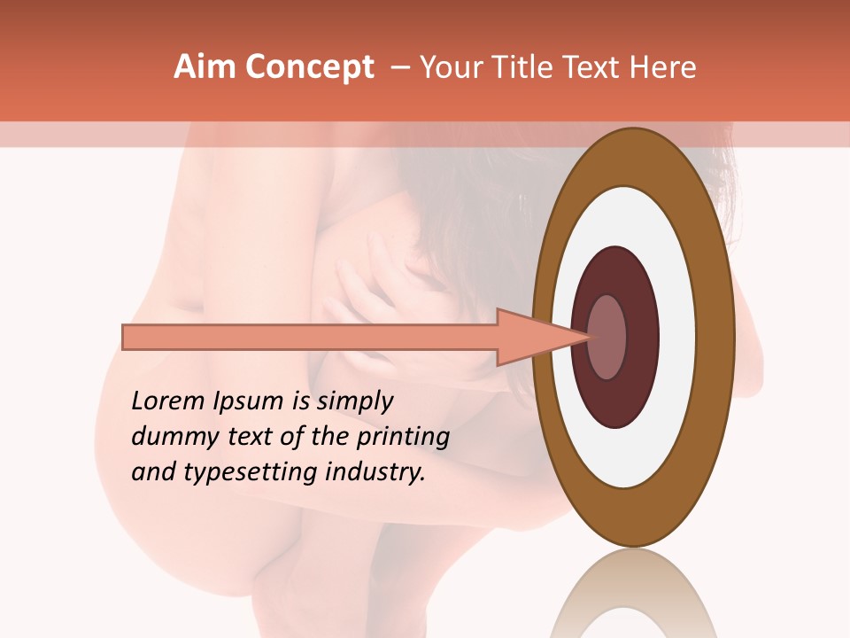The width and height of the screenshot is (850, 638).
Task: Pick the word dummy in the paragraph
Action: click(x=169, y=437)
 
